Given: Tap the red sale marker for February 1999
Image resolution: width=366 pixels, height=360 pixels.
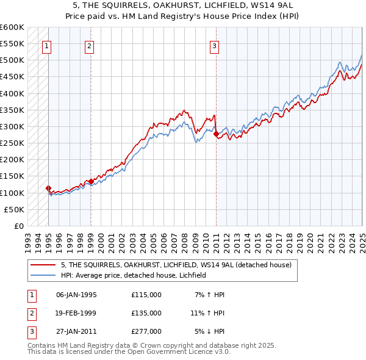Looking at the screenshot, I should point(91,181).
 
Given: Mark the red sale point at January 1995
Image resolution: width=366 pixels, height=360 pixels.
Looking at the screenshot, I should point(48,188).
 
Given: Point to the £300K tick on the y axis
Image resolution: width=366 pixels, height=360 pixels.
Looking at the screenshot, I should point(13,126).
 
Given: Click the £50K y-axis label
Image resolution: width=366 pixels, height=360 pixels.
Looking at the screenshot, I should point(15,209).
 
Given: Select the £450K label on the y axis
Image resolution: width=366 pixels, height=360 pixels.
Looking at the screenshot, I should point(13,77).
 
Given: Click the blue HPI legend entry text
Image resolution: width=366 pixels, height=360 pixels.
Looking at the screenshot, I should point(134,275).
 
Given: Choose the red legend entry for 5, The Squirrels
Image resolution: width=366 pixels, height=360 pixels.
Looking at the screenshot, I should point(176,265).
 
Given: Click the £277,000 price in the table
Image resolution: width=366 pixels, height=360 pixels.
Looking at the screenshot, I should point(146,331).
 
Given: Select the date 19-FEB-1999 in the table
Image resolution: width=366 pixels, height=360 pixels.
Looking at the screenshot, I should point(76,313).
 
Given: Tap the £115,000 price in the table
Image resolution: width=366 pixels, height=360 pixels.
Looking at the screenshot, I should point(146,295).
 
